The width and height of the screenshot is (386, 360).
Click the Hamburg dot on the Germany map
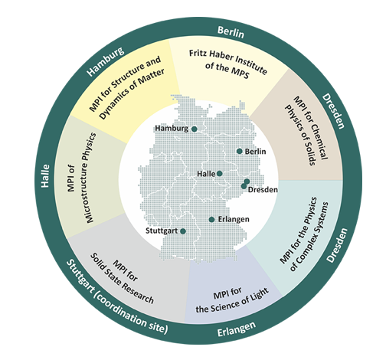point(195,129)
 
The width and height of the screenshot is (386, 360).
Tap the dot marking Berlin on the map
point(239,151)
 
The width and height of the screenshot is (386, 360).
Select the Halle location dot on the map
point(219,174)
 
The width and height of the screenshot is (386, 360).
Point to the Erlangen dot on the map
point(211,219)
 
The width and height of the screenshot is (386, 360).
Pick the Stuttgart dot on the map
point(183,231)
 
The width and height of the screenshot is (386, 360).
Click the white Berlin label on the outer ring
point(231,32)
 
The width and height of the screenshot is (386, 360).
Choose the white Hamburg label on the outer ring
point(106,62)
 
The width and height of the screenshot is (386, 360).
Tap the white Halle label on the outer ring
point(45,176)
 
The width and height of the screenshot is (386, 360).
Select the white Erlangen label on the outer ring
point(237,329)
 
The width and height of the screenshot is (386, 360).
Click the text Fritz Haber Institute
point(228,61)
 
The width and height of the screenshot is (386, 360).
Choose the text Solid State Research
point(123,279)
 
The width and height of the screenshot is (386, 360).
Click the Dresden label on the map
point(263,190)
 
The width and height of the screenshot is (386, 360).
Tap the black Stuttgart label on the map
point(162,231)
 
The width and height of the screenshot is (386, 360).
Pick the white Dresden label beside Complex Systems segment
point(337,245)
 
